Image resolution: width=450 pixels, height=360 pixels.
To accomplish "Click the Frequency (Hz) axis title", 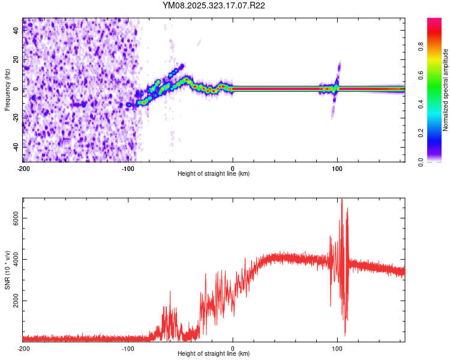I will pos(7,90).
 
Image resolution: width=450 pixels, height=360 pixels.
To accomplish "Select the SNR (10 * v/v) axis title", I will pos(7,269).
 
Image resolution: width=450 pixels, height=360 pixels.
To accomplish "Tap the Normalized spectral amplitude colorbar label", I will pos(446,90).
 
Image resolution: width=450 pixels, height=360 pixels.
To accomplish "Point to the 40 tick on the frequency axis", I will pos(16,31).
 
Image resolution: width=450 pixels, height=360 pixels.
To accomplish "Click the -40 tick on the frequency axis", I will pos(16,147).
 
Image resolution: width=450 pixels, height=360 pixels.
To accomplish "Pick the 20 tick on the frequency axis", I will pos(16,60).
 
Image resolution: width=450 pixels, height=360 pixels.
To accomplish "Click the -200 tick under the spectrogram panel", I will pos(23,168).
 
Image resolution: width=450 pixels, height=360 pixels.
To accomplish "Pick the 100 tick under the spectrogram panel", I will pos(337,168).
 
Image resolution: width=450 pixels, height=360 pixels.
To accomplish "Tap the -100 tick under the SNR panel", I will pos(128,348).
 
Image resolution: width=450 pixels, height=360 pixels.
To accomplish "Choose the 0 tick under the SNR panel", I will pos(233,348).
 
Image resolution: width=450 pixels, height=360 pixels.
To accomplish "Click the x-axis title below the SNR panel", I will pos(214,354).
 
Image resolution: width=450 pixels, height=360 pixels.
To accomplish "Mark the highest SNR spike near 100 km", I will pos(342,200).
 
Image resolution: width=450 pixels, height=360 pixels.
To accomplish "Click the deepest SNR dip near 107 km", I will pos(345,335).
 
